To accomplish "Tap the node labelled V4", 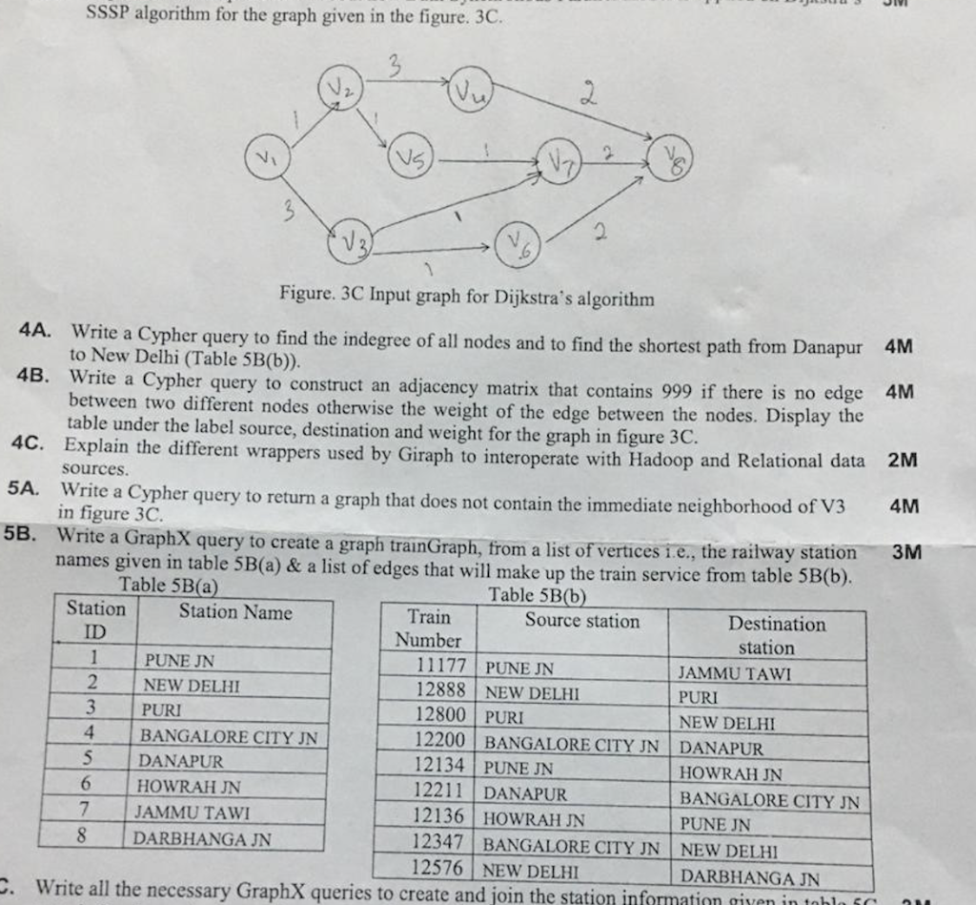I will (x=471, y=91).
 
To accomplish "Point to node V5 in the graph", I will (x=411, y=155).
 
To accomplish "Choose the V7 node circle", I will (x=559, y=160).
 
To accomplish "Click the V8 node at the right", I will (x=670, y=158).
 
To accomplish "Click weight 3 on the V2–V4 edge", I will (x=393, y=65).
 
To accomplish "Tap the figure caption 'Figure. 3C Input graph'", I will (x=467, y=298).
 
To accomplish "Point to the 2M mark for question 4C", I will (x=902, y=460).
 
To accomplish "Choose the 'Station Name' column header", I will (x=235, y=612).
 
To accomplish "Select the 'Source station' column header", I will (x=581, y=621).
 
